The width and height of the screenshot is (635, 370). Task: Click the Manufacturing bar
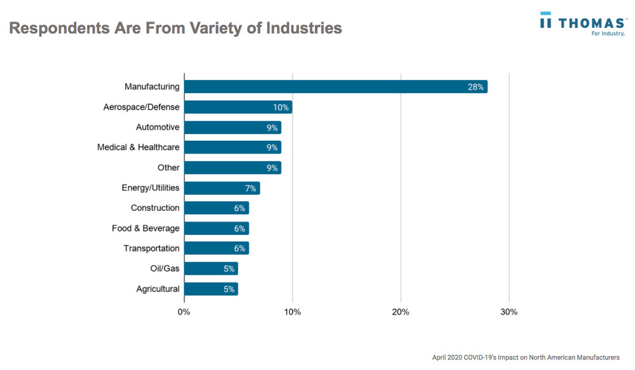coord(336,87)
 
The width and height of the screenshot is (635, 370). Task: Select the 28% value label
coord(475,87)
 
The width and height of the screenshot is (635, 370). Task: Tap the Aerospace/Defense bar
coord(238,107)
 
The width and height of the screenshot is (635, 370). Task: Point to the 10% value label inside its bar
coord(281,107)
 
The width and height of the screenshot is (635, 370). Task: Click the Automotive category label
coord(158,128)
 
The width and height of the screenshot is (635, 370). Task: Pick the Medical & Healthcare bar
coord(233,148)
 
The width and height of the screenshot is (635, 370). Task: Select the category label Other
coord(168,168)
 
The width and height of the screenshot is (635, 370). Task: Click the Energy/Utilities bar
coord(222,188)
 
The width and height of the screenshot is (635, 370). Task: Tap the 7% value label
coord(250,188)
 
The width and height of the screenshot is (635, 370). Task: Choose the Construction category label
coord(155,208)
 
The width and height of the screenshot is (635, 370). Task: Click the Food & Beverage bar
coord(216,228)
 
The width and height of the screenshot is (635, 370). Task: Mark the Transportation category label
coord(151,249)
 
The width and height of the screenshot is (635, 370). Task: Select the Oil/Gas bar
coord(211,269)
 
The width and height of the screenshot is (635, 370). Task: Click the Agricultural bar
coord(211,289)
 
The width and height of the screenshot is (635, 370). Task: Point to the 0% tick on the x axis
coord(184,312)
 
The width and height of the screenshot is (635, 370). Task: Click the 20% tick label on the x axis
coord(400,312)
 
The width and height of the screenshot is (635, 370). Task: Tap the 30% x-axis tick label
coord(509,312)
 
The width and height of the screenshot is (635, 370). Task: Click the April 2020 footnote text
coord(525,358)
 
